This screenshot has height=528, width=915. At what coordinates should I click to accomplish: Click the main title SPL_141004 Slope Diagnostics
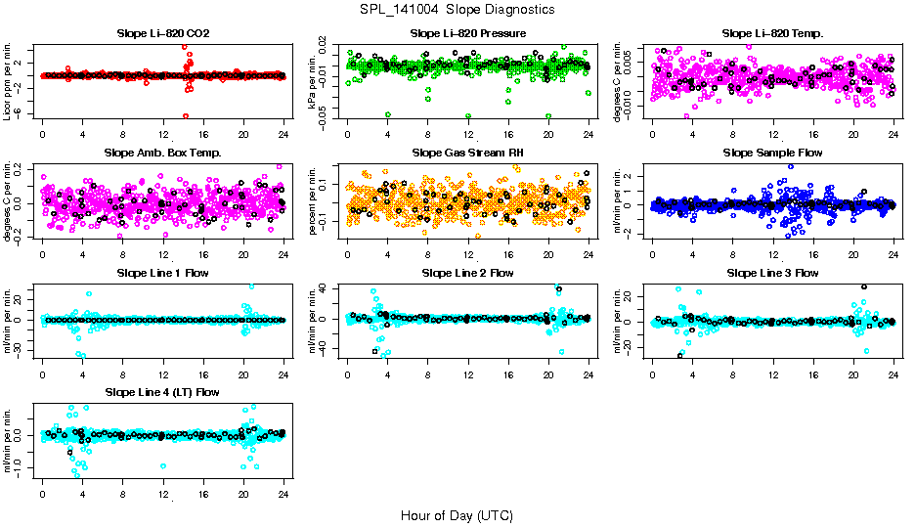[457, 9]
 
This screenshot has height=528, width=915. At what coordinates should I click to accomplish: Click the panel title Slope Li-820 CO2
[162, 34]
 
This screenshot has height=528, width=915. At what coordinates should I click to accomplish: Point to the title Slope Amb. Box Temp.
[162, 154]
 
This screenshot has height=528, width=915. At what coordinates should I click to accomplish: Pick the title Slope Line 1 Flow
[162, 273]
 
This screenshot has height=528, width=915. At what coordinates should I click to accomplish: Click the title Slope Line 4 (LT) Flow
[162, 392]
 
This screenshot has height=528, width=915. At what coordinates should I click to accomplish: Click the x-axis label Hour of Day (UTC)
[457, 515]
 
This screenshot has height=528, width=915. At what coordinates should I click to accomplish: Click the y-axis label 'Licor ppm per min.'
[9, 80]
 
